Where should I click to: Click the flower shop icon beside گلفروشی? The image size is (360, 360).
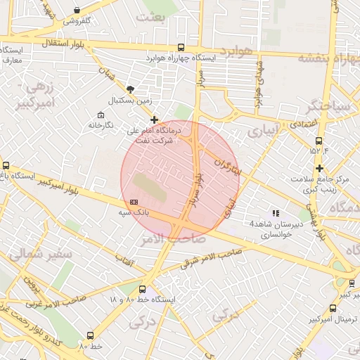(76, 10)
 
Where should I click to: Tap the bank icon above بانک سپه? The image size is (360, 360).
(134, 202)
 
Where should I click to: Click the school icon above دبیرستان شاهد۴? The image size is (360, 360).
(276, 213)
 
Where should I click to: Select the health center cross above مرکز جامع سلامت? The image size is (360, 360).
(320, 168)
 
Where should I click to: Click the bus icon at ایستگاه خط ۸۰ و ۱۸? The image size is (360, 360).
(143, 289)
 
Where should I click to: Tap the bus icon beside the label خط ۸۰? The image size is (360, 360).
(89, 336)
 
